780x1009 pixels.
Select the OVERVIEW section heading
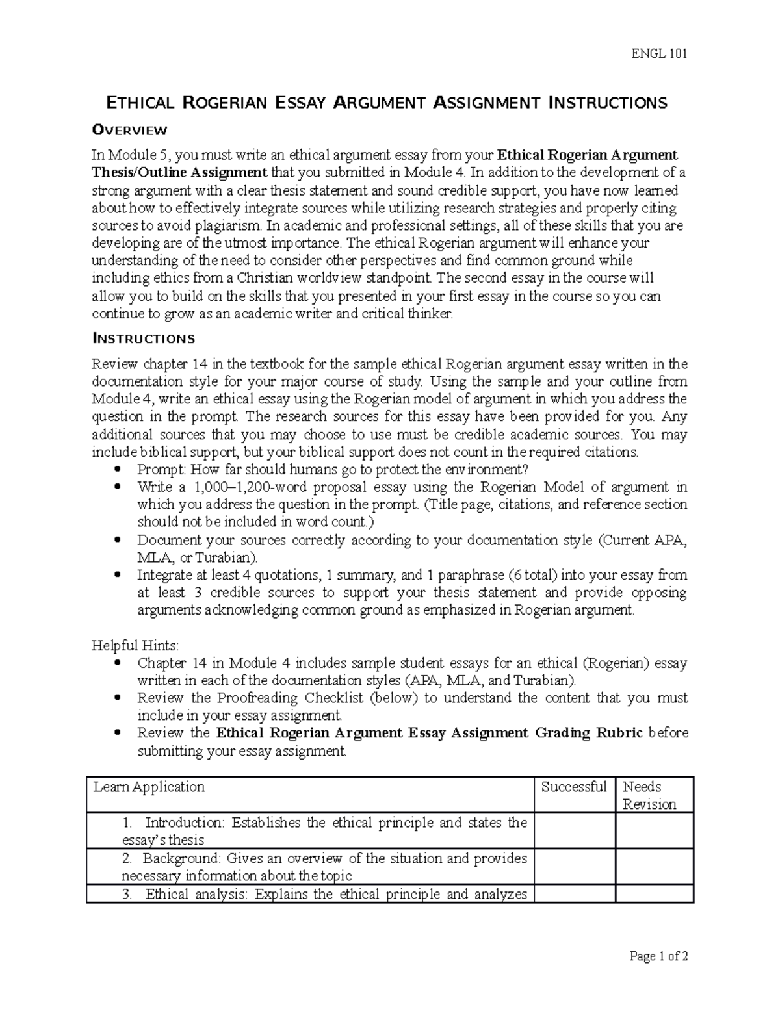tap(129, 130)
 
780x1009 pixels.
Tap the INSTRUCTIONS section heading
tap(143, 338)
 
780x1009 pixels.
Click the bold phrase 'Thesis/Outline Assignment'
tap(179, 172)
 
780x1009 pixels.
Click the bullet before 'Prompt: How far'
tap(117, 469)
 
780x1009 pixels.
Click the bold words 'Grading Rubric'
tap(589, 733)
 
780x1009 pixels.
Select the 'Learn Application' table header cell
tap(149, 787)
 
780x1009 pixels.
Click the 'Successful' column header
tap(574, 787)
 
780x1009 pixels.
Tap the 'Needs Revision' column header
tap(649, 795)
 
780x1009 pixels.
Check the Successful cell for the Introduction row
tap(575, 831)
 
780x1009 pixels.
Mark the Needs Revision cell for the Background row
tap(654, 867)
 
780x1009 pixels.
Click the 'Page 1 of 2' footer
tap(658, 956)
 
